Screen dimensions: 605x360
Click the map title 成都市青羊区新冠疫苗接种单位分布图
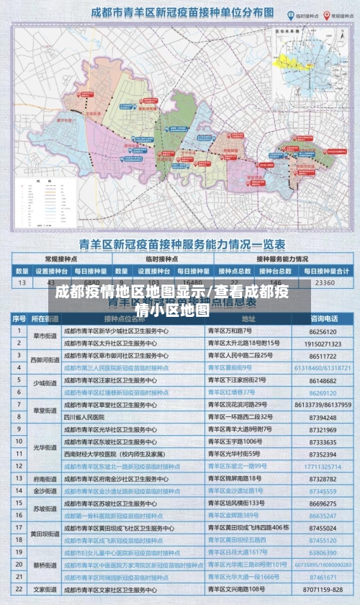click(172, 13)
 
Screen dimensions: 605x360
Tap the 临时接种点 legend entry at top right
click(294, 14)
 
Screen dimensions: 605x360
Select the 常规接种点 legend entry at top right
click(334, 14)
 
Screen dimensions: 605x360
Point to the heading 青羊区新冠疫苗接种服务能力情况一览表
click(180, 243)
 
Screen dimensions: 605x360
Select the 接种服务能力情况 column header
click(282, 259)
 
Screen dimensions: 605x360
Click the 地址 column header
click(248, 318)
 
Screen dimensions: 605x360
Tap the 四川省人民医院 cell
click(89, 417)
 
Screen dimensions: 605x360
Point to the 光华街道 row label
click(44, 447)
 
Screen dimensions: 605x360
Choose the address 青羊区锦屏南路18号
click(235, 479)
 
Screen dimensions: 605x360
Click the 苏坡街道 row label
click(44, 508)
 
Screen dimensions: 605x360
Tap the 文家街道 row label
click(44, 588)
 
